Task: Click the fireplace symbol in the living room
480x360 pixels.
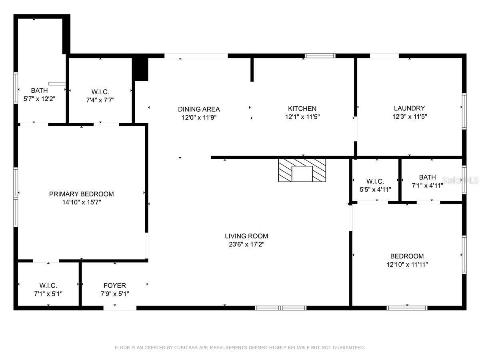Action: click(302, 170)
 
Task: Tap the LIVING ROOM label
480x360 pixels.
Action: click(246, 236)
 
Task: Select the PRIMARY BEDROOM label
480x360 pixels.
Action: click(81, 194)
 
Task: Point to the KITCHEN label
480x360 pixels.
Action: click(302, 109)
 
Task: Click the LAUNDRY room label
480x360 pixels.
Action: click(409, 108)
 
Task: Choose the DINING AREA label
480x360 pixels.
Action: click(199, 109)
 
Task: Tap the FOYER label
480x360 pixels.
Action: click(114, 286)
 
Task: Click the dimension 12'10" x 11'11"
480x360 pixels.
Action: click(407, 264)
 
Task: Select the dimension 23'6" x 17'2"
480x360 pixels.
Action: click(246, 244)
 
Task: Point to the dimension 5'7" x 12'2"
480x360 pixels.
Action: click(39, 99)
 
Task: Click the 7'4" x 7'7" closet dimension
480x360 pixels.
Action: click(100, 100)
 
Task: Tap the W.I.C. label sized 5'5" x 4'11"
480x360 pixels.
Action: click(375, 181)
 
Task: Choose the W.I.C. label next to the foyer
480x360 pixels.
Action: click(48, 286)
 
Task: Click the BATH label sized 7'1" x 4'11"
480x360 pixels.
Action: click(427, 177)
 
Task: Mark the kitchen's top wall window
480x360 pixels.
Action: click(320, 56)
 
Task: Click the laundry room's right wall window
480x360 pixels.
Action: click(464, 111)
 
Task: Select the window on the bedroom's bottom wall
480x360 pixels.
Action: click(407, 308)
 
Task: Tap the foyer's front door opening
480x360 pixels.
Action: click(120, 308)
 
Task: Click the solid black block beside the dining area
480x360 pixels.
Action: click(140, 69)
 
